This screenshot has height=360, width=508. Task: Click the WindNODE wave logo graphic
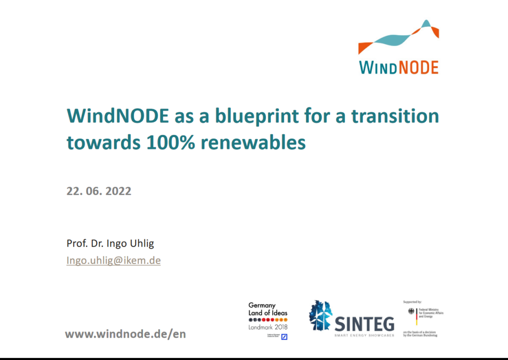pyautogui.click(x=398, y=37)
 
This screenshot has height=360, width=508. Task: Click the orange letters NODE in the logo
pyautogui.click(x=420, y=67)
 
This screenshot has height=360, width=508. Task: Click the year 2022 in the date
pyautogui.click(x=118, y=191)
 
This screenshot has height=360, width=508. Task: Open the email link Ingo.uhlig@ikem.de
pyautogui.click(x=114, y=260)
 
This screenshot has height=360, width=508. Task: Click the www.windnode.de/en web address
pyautogui.click(x=126, y=334)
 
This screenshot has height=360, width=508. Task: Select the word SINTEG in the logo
pyautogui.click(x=364, y=324)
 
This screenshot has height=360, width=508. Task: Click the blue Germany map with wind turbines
pyautogui.click(x=320, y=316)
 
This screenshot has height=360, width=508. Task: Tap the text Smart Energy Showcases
pyautogui.click(x=364, y=336)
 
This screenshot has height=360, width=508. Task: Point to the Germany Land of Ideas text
pyautogui.click(x=267, y=309)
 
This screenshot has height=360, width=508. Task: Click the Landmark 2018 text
pyautogui.click(x=267, y=327)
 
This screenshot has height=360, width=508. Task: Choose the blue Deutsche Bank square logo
pyautogui.click(x=284, y=337)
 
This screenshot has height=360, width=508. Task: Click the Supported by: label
pyautogui.click(x=412, y=301)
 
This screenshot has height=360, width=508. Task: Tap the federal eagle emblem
pyautogui.click(x=411, y=311)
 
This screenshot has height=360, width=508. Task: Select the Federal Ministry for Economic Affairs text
pyautogui.click(x=431, y=313)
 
